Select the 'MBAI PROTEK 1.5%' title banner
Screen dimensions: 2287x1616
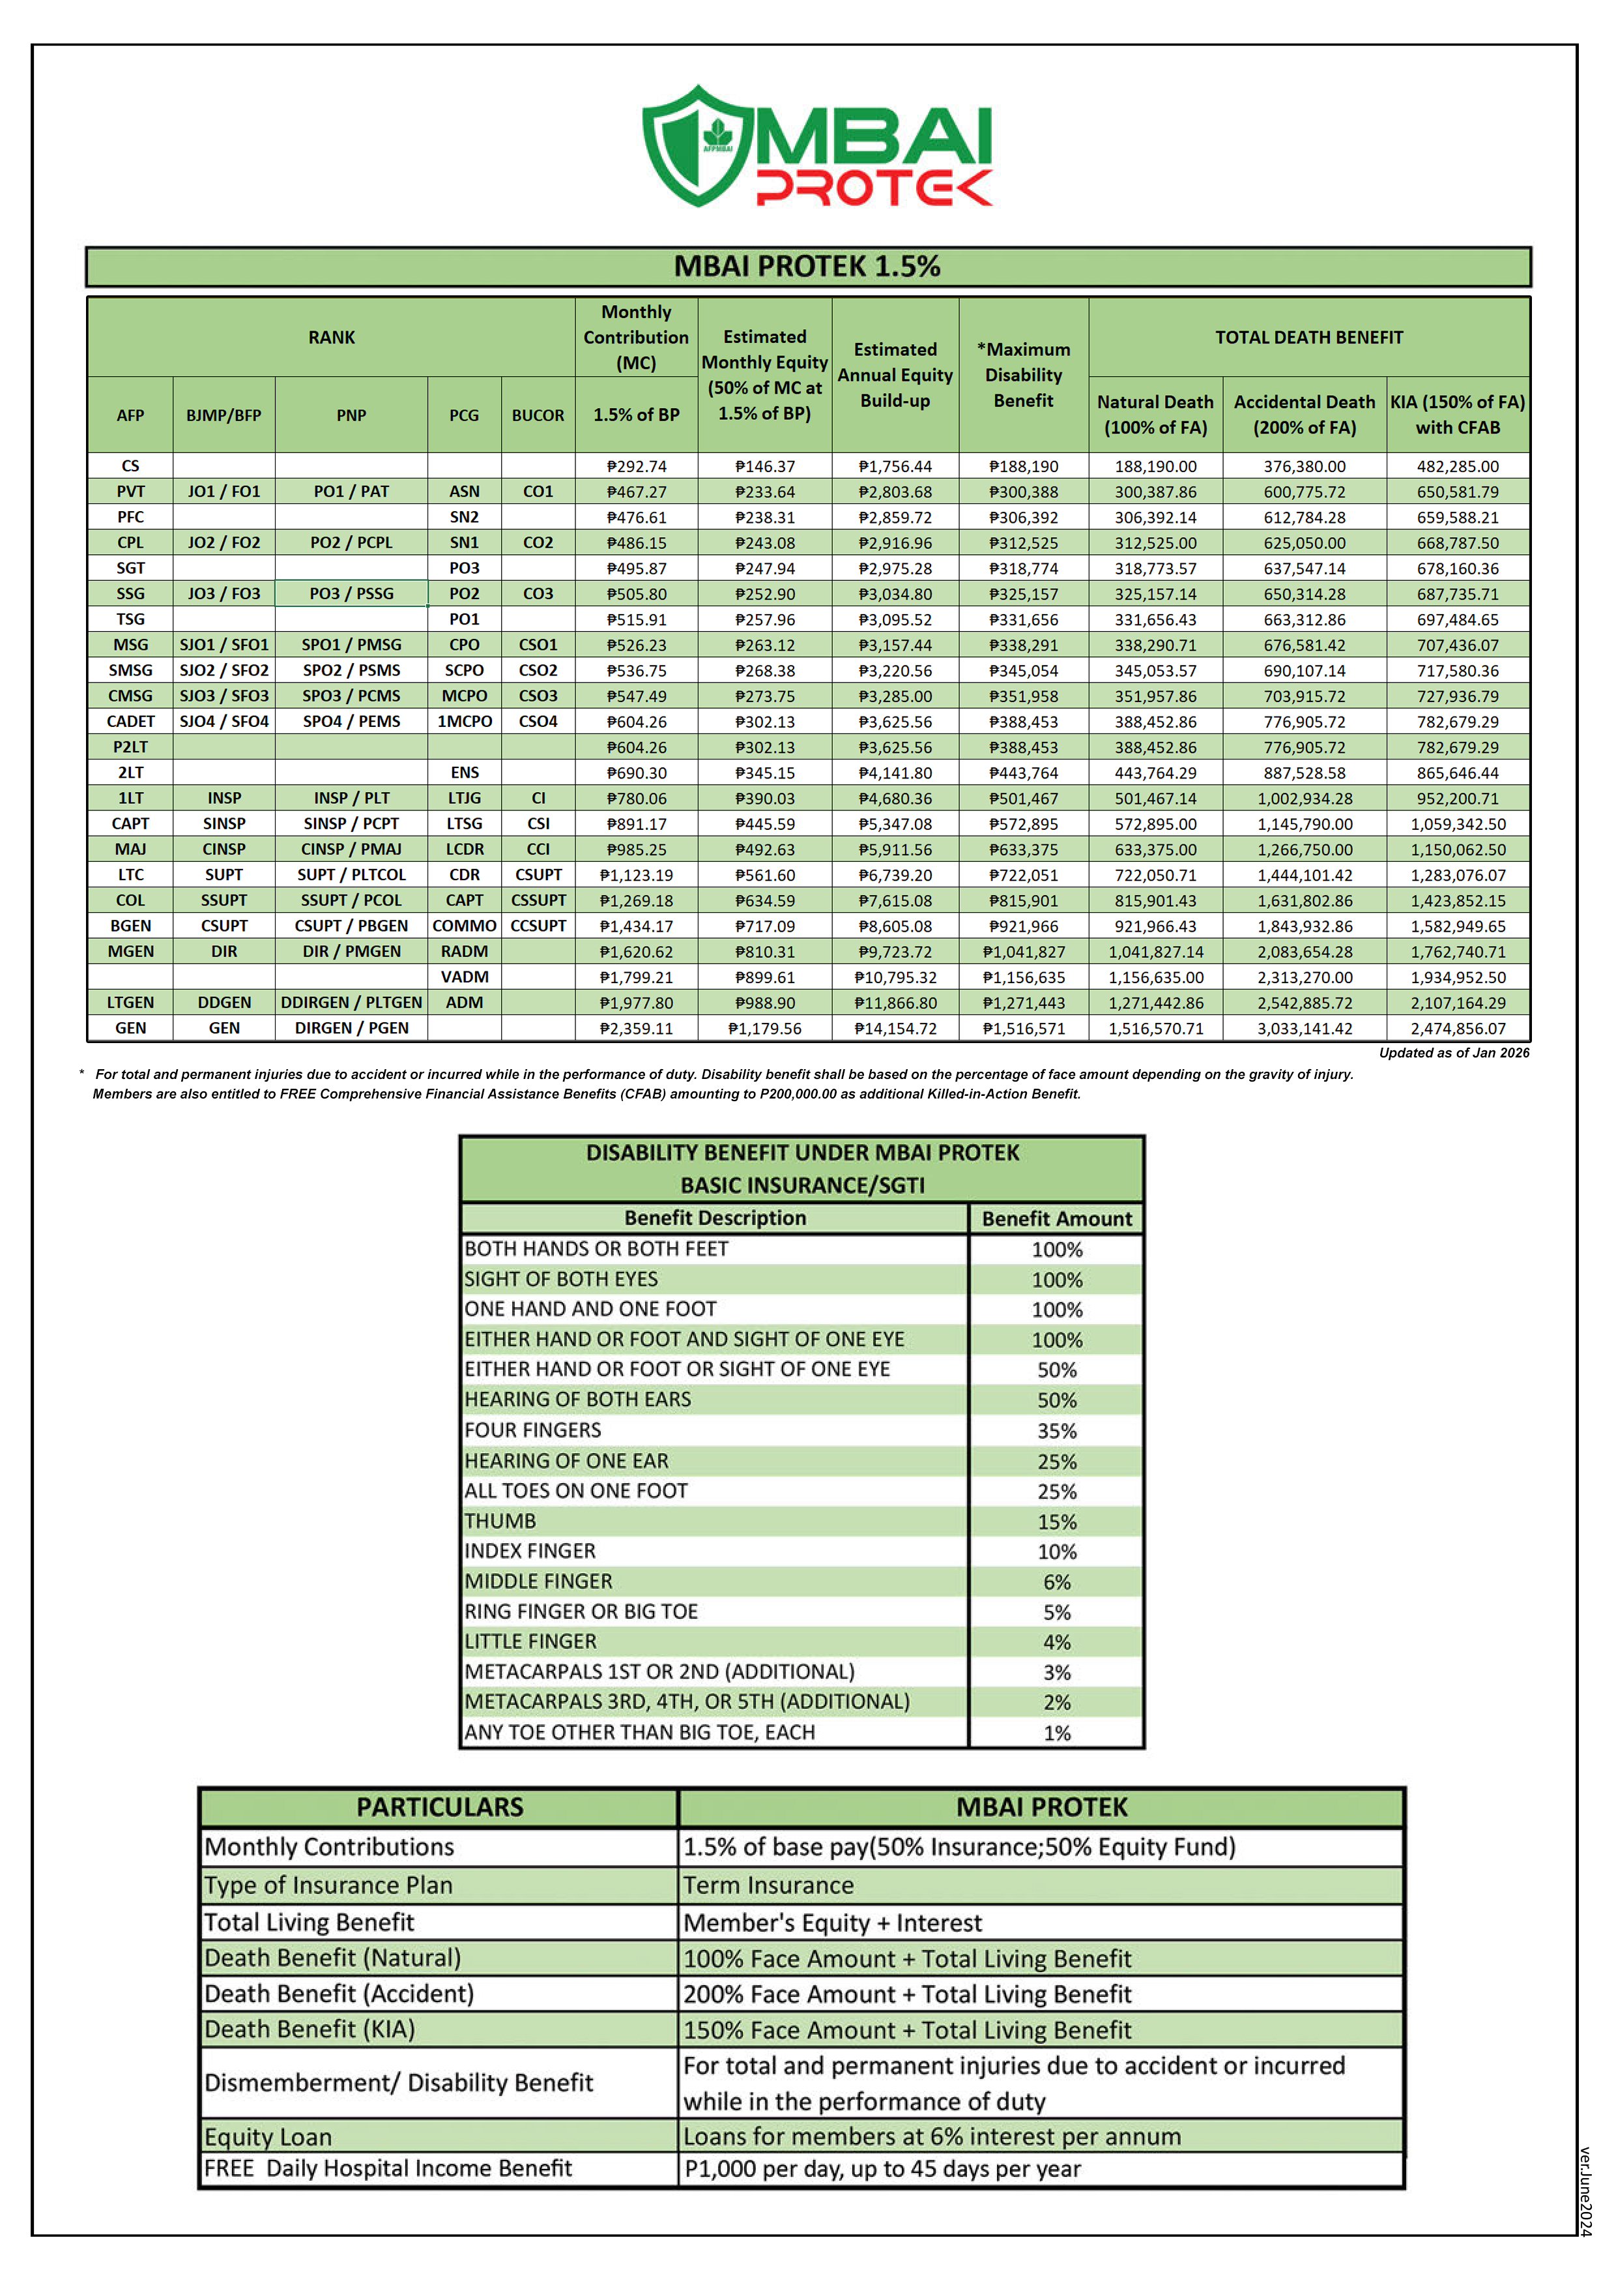(807, 267)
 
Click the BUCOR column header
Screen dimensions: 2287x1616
(538, 415)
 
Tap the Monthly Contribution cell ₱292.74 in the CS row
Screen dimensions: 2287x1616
(636, 466)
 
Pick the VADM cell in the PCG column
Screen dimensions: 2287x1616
(464, 977)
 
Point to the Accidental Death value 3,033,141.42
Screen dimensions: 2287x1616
(1305, 1028)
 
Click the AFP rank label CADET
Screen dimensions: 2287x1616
(130, 721)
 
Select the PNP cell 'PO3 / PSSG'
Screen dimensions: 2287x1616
(351, 594)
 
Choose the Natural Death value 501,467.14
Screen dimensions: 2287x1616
(1155, 799)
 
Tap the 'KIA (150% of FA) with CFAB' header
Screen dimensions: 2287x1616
(1458, 415)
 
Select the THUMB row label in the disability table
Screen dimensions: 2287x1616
(501, 1521)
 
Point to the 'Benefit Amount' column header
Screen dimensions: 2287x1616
(1056, 1218)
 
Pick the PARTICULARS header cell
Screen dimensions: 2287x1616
(439, 1807)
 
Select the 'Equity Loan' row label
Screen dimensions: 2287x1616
(269, 2136)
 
